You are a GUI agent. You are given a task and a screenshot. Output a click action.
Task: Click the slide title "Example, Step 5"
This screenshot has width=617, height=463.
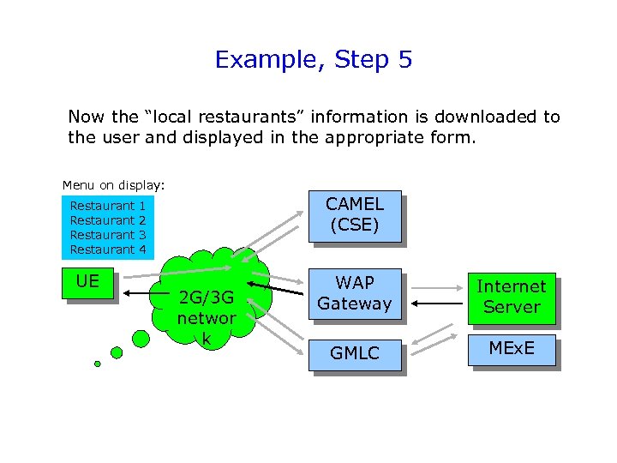tap(314, 60)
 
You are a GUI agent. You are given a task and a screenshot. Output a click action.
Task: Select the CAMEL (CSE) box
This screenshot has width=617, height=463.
tap(354, 215)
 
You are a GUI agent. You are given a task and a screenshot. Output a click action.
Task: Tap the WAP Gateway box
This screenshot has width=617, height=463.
tap(354, 293)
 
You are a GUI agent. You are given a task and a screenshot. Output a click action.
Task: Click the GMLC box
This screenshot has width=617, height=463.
tap(354, 352)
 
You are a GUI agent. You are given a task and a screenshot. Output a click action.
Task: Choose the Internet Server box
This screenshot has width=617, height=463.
tap(511, 297)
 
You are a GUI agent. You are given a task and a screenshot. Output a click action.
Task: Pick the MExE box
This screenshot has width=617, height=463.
tap(511, 348)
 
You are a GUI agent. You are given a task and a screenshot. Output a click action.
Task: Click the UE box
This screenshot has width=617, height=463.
tap(87, 282)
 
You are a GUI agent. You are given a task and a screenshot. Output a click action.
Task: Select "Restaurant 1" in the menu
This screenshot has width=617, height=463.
tap(108, 206)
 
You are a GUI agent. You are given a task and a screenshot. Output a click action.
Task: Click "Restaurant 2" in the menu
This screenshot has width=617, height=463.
tap(108, 220)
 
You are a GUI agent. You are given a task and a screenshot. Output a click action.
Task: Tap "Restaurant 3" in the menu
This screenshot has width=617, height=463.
tap(108, 235)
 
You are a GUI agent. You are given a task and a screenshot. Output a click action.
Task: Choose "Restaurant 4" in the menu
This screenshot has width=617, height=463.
tap(108, 250)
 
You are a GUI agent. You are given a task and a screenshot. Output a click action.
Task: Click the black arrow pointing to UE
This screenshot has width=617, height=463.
tap(142, 292)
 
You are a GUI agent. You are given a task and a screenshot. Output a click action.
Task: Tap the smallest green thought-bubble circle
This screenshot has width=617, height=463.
tap(97, 364)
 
